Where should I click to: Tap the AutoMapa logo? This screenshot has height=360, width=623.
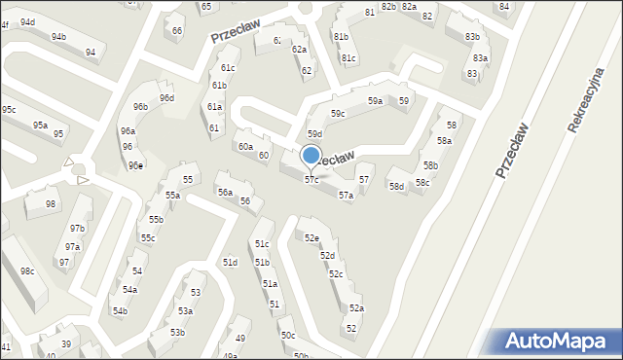pyautogui.click(x=559, y=342)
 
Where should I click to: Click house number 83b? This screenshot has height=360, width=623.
pyautogui.click(x=472, y=37)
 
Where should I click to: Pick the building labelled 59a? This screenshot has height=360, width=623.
pyautogui.click(x=375, y=101)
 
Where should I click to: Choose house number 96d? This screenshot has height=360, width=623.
pyautogui.click(x=167, y=98)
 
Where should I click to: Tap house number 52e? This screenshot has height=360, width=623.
pyautogui.click(x=311, y=237)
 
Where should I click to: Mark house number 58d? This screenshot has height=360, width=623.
pyautogui.click(x=396, y=186)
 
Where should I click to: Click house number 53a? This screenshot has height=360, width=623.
pyautogui.click(x=185, y=311)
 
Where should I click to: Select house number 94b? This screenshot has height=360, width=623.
pyautogui.click(x=59, y=37)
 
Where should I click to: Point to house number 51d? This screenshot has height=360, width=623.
pyautogui.click(x=230, y=263)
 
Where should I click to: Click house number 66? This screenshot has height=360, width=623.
pyautogui.click(x=177, y=30)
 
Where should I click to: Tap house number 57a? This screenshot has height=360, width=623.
pyautogui.click(x=346, y=196)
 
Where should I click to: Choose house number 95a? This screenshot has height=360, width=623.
pyautogui.click(x=40, y=126)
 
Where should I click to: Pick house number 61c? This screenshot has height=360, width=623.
pyautogui.click(x=228, y=68)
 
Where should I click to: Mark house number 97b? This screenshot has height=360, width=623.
pyautogui.click(x=77, y=229)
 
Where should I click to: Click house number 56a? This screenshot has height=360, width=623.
pyautogui.click(x=225, y=193)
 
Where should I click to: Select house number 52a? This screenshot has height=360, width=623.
pyautogui.click(x=357, y=308)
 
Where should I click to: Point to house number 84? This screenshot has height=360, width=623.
pyautogui.click(x=503, y=7)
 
